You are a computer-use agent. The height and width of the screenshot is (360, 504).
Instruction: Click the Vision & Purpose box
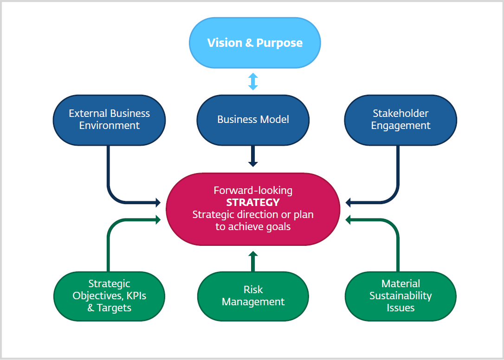(255, 43)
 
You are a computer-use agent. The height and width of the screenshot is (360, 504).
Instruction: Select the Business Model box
(253, 119)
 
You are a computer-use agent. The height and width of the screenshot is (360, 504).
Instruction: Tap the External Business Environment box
(109, 119)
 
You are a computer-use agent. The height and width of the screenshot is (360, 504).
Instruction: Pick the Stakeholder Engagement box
(401, 119)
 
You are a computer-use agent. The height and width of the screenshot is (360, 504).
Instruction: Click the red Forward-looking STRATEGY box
(253, 209)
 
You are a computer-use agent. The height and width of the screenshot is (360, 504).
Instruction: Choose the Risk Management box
(253, 296)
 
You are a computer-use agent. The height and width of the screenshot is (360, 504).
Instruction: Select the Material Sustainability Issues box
(401, 296)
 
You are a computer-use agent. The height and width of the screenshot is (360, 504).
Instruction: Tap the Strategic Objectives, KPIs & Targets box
(109, 296)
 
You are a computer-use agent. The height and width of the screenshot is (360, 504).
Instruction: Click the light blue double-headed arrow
(253, 81)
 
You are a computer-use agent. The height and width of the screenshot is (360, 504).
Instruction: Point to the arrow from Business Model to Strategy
(253, 156)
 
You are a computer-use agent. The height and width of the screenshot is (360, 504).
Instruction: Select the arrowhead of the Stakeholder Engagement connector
(349, 202)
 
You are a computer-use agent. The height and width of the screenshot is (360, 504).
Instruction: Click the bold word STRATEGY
(253, 202)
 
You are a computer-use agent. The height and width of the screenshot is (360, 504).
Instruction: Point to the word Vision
(224, 43)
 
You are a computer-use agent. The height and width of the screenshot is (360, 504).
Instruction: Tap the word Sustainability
(401, 296)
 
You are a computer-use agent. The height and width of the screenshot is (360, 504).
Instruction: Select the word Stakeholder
(401, 113)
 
